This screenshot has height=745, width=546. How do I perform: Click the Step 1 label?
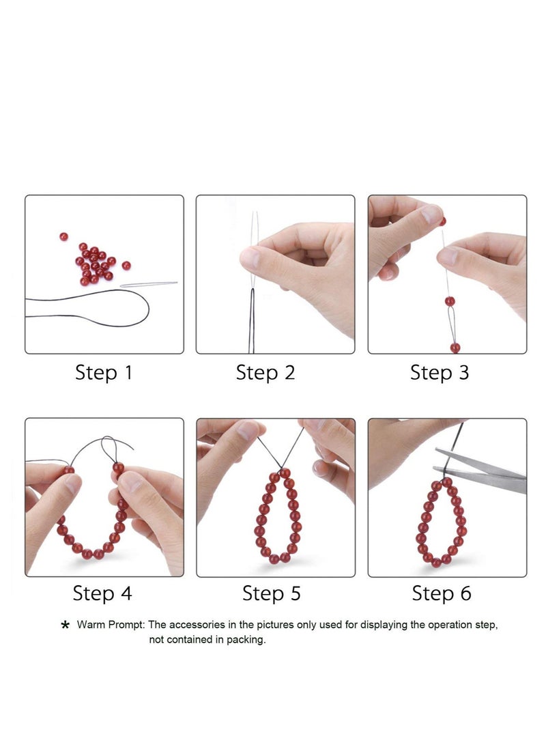tap(104, 373)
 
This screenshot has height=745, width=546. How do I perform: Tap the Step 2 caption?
tap(265, 373)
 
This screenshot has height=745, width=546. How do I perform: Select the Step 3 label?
tap(440, 373)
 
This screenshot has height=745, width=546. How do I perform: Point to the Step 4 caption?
tap(102, 593)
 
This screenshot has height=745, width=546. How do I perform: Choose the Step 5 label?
tap(272, 593)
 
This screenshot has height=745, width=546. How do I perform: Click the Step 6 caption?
tap(442, 593)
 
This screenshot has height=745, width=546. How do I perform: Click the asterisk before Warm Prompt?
tap(66, 625)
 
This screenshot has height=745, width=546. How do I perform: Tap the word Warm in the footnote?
tap(91, 625)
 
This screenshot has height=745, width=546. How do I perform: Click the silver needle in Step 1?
tap(149, 284)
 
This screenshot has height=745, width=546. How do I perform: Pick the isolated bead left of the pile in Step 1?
tap(63, 237)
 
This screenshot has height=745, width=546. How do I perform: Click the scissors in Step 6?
tap(480, 470)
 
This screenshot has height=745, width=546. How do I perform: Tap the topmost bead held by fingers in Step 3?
tap(443, 221)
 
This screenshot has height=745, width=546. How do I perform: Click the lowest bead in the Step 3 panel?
tap(455, 348)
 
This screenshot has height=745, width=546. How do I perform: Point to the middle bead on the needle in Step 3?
tap(450, 301)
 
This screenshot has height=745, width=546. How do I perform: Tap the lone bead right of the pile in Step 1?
tap(126, 265)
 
